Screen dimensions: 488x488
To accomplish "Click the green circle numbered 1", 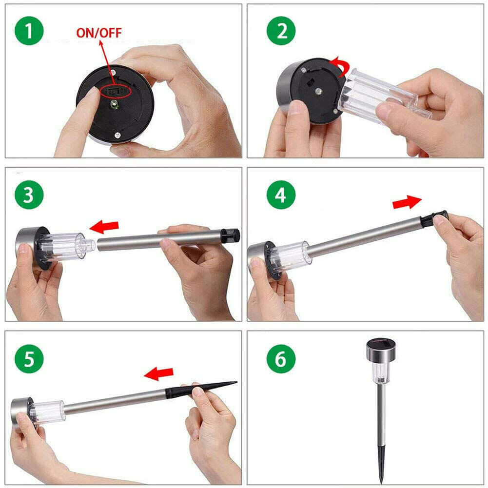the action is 29,31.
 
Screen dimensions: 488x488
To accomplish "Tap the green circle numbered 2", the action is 281,31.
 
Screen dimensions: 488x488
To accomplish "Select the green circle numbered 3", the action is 29,195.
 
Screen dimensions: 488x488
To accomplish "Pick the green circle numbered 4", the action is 281,195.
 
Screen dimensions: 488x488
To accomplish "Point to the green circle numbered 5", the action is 29,359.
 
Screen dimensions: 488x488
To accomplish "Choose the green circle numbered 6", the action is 281,359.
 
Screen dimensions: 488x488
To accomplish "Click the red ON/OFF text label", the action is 99,33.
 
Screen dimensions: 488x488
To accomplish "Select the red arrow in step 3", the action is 104,227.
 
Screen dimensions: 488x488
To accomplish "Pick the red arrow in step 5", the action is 159,373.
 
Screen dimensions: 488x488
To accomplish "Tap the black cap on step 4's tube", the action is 434,217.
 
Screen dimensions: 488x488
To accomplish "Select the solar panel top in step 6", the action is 381,343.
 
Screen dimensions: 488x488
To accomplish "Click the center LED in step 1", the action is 115,104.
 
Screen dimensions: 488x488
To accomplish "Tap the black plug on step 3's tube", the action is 230,236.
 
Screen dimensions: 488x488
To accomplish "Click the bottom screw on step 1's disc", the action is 117,135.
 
